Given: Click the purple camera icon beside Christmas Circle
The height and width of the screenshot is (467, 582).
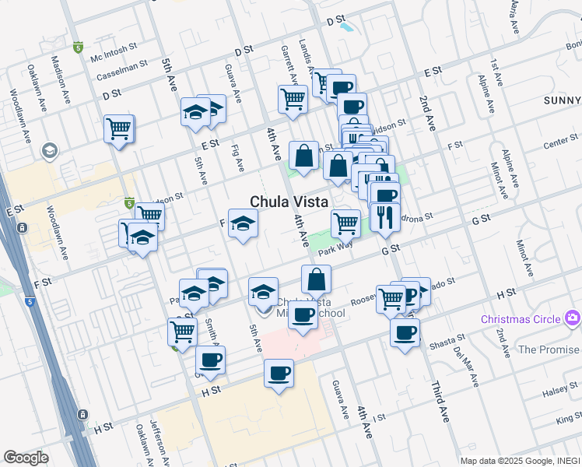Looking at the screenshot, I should point(573,318).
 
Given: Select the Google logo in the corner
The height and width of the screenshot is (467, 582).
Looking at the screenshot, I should point(26,458).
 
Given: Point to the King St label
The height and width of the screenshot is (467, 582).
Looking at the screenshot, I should point(569,421).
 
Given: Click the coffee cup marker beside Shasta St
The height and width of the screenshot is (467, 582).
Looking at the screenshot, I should point(404,333).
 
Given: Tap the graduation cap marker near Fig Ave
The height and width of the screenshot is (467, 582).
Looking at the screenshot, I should point(243,224).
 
